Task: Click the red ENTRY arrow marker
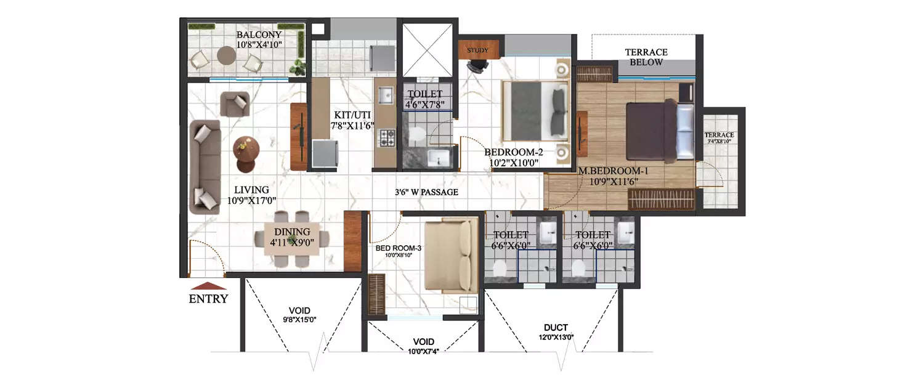click(x=208, y=286)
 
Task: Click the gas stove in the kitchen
click(x=387, y=137)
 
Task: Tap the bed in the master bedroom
click(x=659, y=131)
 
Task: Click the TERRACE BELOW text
click(x=646, y=57)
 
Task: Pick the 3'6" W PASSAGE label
click(x=427, y=192)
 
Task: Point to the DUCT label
click(x=556, y=328)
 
